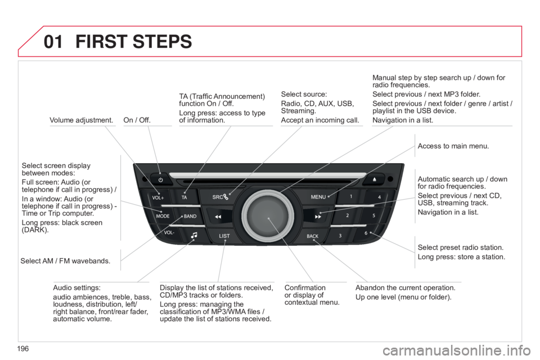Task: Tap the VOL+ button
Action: [x=157, y=197]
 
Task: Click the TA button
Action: [x=184, y=197]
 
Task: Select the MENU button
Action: [x=319, y=197]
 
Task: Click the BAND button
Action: [x=190, y=216]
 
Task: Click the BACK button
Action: [x=313, y=236]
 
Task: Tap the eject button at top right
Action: [x=375, y=180]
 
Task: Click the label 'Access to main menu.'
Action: [x=453, y=146]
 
